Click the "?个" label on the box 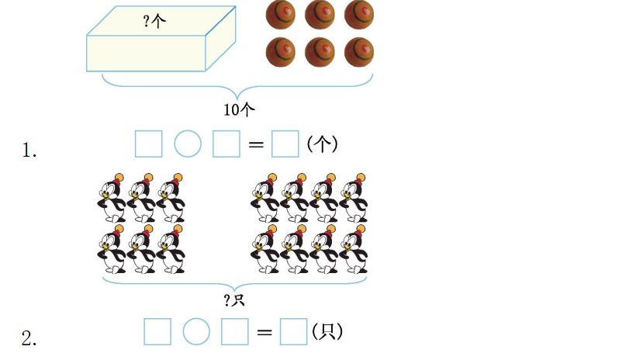(154, 22)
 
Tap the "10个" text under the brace (239, 109)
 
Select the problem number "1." (29, 151)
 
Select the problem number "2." (29, 339)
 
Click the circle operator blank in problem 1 (188, 144)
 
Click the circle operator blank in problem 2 (196, 332)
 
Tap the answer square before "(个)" (285, 144)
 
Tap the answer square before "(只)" (293, 332)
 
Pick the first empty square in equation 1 (148, 144)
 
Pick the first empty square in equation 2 (157, 332)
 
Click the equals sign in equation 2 (264, 333)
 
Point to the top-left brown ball (280, 13)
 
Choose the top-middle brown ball (320, 13)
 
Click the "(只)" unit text (327, 332)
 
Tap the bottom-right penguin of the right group (354, 252)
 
